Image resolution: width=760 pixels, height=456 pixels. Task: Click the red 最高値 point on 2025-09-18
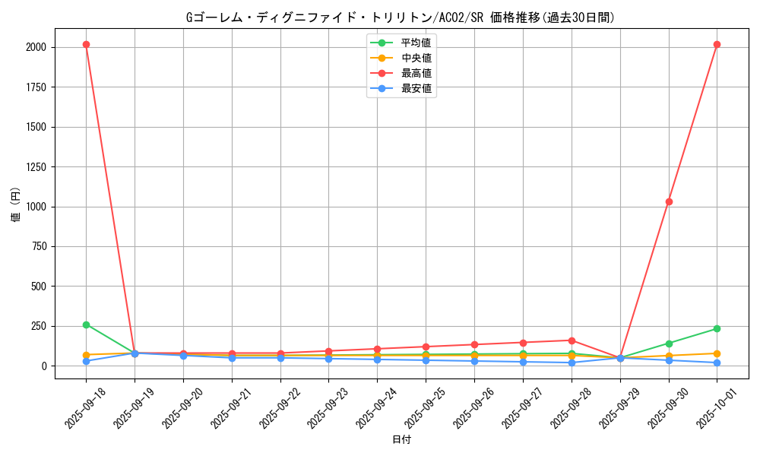(86, 44)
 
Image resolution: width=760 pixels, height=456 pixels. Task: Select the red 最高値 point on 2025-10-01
(717, 44)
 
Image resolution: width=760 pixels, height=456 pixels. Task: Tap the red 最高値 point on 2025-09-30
(669, 201)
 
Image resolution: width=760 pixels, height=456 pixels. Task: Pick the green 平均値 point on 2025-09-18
(86, 325)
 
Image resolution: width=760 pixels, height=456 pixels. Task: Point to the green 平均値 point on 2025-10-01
(717, 328)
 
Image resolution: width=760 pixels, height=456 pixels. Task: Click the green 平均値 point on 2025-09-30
(669, 344)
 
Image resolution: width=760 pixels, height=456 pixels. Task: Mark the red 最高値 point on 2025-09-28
(572, 340)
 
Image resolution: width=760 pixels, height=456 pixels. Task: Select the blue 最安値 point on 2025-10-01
(717, 363)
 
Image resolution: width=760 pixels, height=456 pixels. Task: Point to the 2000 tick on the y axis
(36, 47)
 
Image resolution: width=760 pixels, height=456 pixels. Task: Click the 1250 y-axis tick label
(36, 166)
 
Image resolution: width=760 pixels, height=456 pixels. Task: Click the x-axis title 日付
(401, 439)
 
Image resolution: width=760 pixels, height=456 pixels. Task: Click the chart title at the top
(401, 17)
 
